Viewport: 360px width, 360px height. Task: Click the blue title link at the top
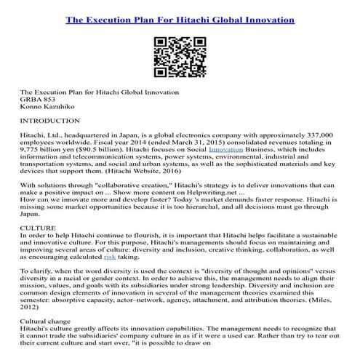tap(180, 20)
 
